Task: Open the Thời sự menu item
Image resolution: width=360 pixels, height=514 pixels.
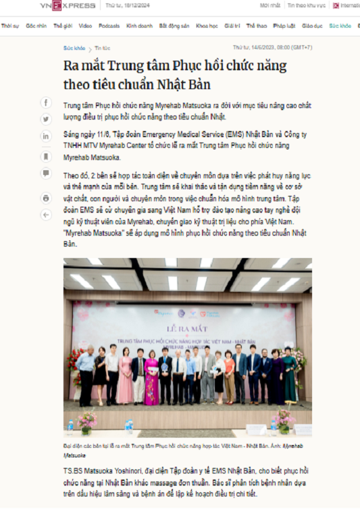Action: tap(9, 26)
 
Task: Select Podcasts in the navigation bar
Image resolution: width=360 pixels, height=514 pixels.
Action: tap(109, 26)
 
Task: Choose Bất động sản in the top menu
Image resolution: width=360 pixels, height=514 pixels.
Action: tap(174, 26)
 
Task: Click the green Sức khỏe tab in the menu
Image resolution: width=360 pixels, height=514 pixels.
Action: tap(340, 26)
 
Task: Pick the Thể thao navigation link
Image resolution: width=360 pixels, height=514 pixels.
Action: tap(257, 26)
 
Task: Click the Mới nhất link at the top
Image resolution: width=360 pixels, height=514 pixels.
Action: tap(269, 5)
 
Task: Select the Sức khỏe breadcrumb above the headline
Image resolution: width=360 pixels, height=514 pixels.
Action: tap(74, 48)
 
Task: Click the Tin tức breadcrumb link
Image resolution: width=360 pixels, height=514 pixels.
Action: tap(103, 48)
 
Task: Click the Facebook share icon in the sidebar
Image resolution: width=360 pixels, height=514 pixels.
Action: tap(46, 103)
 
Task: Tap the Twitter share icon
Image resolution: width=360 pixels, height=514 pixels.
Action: tap(46, 119)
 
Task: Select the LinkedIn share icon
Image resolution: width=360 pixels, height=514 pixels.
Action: tap(46, 136)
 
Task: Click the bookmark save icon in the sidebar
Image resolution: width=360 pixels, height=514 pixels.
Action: tap(46, 156)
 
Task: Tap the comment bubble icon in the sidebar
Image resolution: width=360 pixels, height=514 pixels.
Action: tap(46, 174)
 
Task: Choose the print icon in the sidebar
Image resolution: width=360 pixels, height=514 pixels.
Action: tap(46, 198)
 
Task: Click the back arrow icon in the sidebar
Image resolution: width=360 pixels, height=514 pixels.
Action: tap(46, 215)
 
